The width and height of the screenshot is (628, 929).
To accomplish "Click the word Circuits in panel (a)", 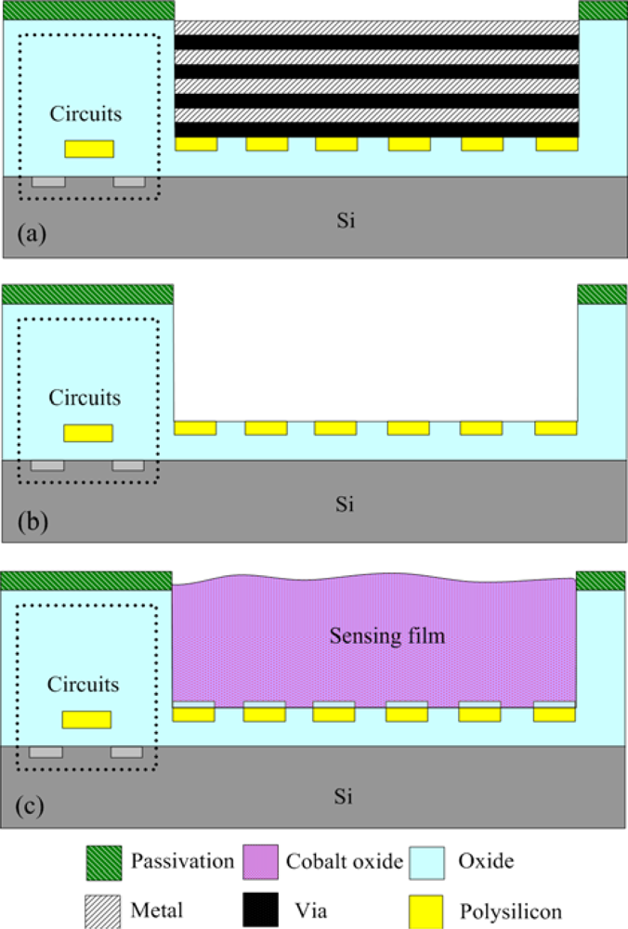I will click(x=85, y=114).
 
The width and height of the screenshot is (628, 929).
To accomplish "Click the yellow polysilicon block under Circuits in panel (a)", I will click(x=89, y=149).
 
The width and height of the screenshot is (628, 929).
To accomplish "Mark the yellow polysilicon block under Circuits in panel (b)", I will click(x=88, y=433).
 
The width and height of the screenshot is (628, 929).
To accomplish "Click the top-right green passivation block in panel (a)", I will click(x=602, y=9).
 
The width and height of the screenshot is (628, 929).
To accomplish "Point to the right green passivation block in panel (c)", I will click(x=601, y=581).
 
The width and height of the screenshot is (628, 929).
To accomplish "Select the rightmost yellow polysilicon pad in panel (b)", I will click(x=556, y=427).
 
